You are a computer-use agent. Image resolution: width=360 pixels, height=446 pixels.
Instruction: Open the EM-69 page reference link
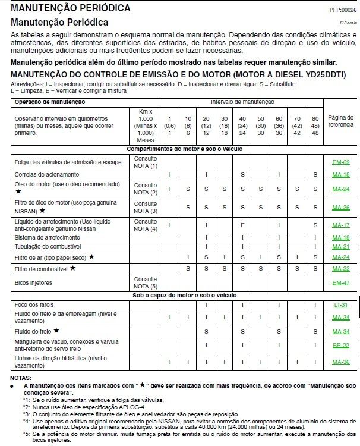click(340, 162)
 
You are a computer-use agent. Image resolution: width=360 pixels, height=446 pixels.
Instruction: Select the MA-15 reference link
click(340, 175)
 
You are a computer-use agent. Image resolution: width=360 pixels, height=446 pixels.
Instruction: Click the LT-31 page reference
click(340, 304)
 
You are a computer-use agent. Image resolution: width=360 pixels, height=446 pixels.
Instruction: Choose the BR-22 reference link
click(340, 345)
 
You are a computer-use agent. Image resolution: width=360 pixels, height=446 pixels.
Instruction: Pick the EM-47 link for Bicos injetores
click(340, 282)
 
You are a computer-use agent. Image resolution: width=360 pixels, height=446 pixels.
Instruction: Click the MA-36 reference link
click(340, 361)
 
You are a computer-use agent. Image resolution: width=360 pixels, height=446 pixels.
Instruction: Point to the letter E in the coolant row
click(243, 225)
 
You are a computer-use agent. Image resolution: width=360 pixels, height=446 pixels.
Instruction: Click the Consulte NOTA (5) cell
click(146, 282)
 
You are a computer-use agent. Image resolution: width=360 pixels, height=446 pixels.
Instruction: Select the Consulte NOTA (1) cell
click(146, 162)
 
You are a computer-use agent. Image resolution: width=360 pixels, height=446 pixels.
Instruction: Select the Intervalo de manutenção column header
click(242, 102)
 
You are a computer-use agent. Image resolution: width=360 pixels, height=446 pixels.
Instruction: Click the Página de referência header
click(340, 123)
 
